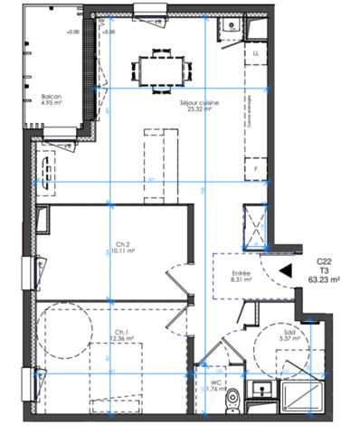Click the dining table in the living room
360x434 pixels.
164,69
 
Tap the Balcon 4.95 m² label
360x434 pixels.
51,99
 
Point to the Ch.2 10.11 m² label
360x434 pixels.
125,247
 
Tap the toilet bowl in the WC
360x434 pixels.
232,399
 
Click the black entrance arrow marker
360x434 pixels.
286,269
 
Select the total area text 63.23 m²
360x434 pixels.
324,280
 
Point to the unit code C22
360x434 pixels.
324,262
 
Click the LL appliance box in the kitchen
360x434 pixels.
256,54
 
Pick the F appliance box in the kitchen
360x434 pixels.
256,169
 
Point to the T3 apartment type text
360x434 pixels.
324,271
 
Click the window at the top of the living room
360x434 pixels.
146,12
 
